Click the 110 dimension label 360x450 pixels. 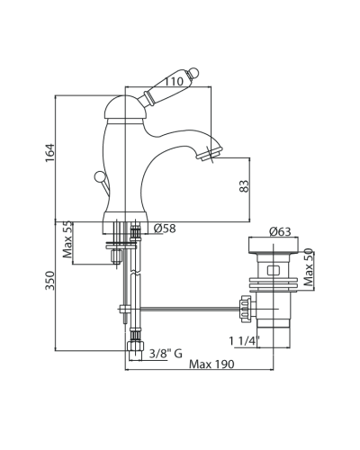click(x=173, y=81)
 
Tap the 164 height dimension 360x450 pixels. click(x=50, y=153)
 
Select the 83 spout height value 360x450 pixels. click(x=244, y=186)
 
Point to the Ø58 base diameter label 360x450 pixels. click(x=165, y=229)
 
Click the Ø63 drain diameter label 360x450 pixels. click(x=280, y=231)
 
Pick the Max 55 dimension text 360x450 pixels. click(x=67, y=239)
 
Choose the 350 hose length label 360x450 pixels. click(x=50, y=281)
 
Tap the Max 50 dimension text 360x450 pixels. click(x=308, y=267)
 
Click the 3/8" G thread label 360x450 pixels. click(x=166, y=354)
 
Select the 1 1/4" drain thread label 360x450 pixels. click(x=245, y=341)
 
